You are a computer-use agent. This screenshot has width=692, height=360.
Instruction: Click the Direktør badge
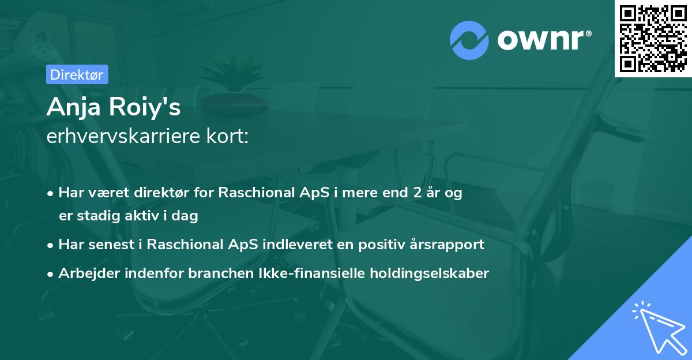(x=77, y=74)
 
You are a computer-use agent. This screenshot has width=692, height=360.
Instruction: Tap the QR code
(x=653, y=38)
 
